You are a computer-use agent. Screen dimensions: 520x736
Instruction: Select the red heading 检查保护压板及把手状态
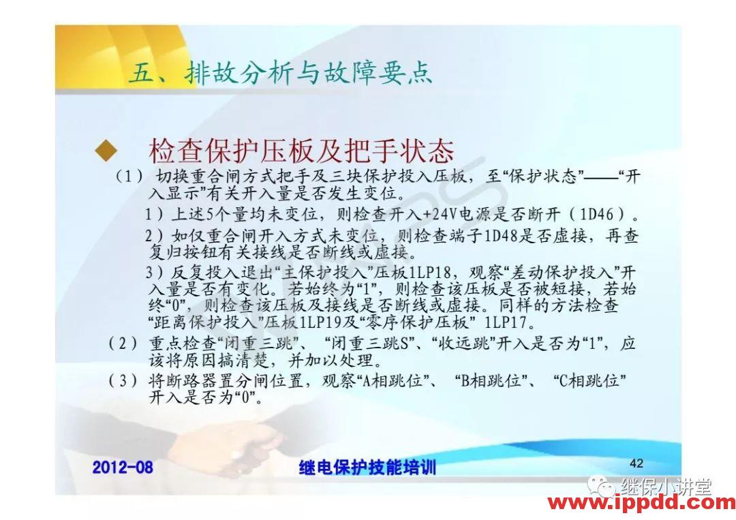click(x=301, y=151)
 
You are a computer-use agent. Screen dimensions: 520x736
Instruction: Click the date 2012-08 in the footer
click(x=123, y=467)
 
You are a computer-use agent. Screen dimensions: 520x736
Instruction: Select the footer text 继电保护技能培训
click(x=367, y=468)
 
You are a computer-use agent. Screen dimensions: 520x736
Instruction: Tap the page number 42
click(x=637, y=463)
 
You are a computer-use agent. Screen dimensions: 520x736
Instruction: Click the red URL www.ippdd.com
click(x=641, y=504)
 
